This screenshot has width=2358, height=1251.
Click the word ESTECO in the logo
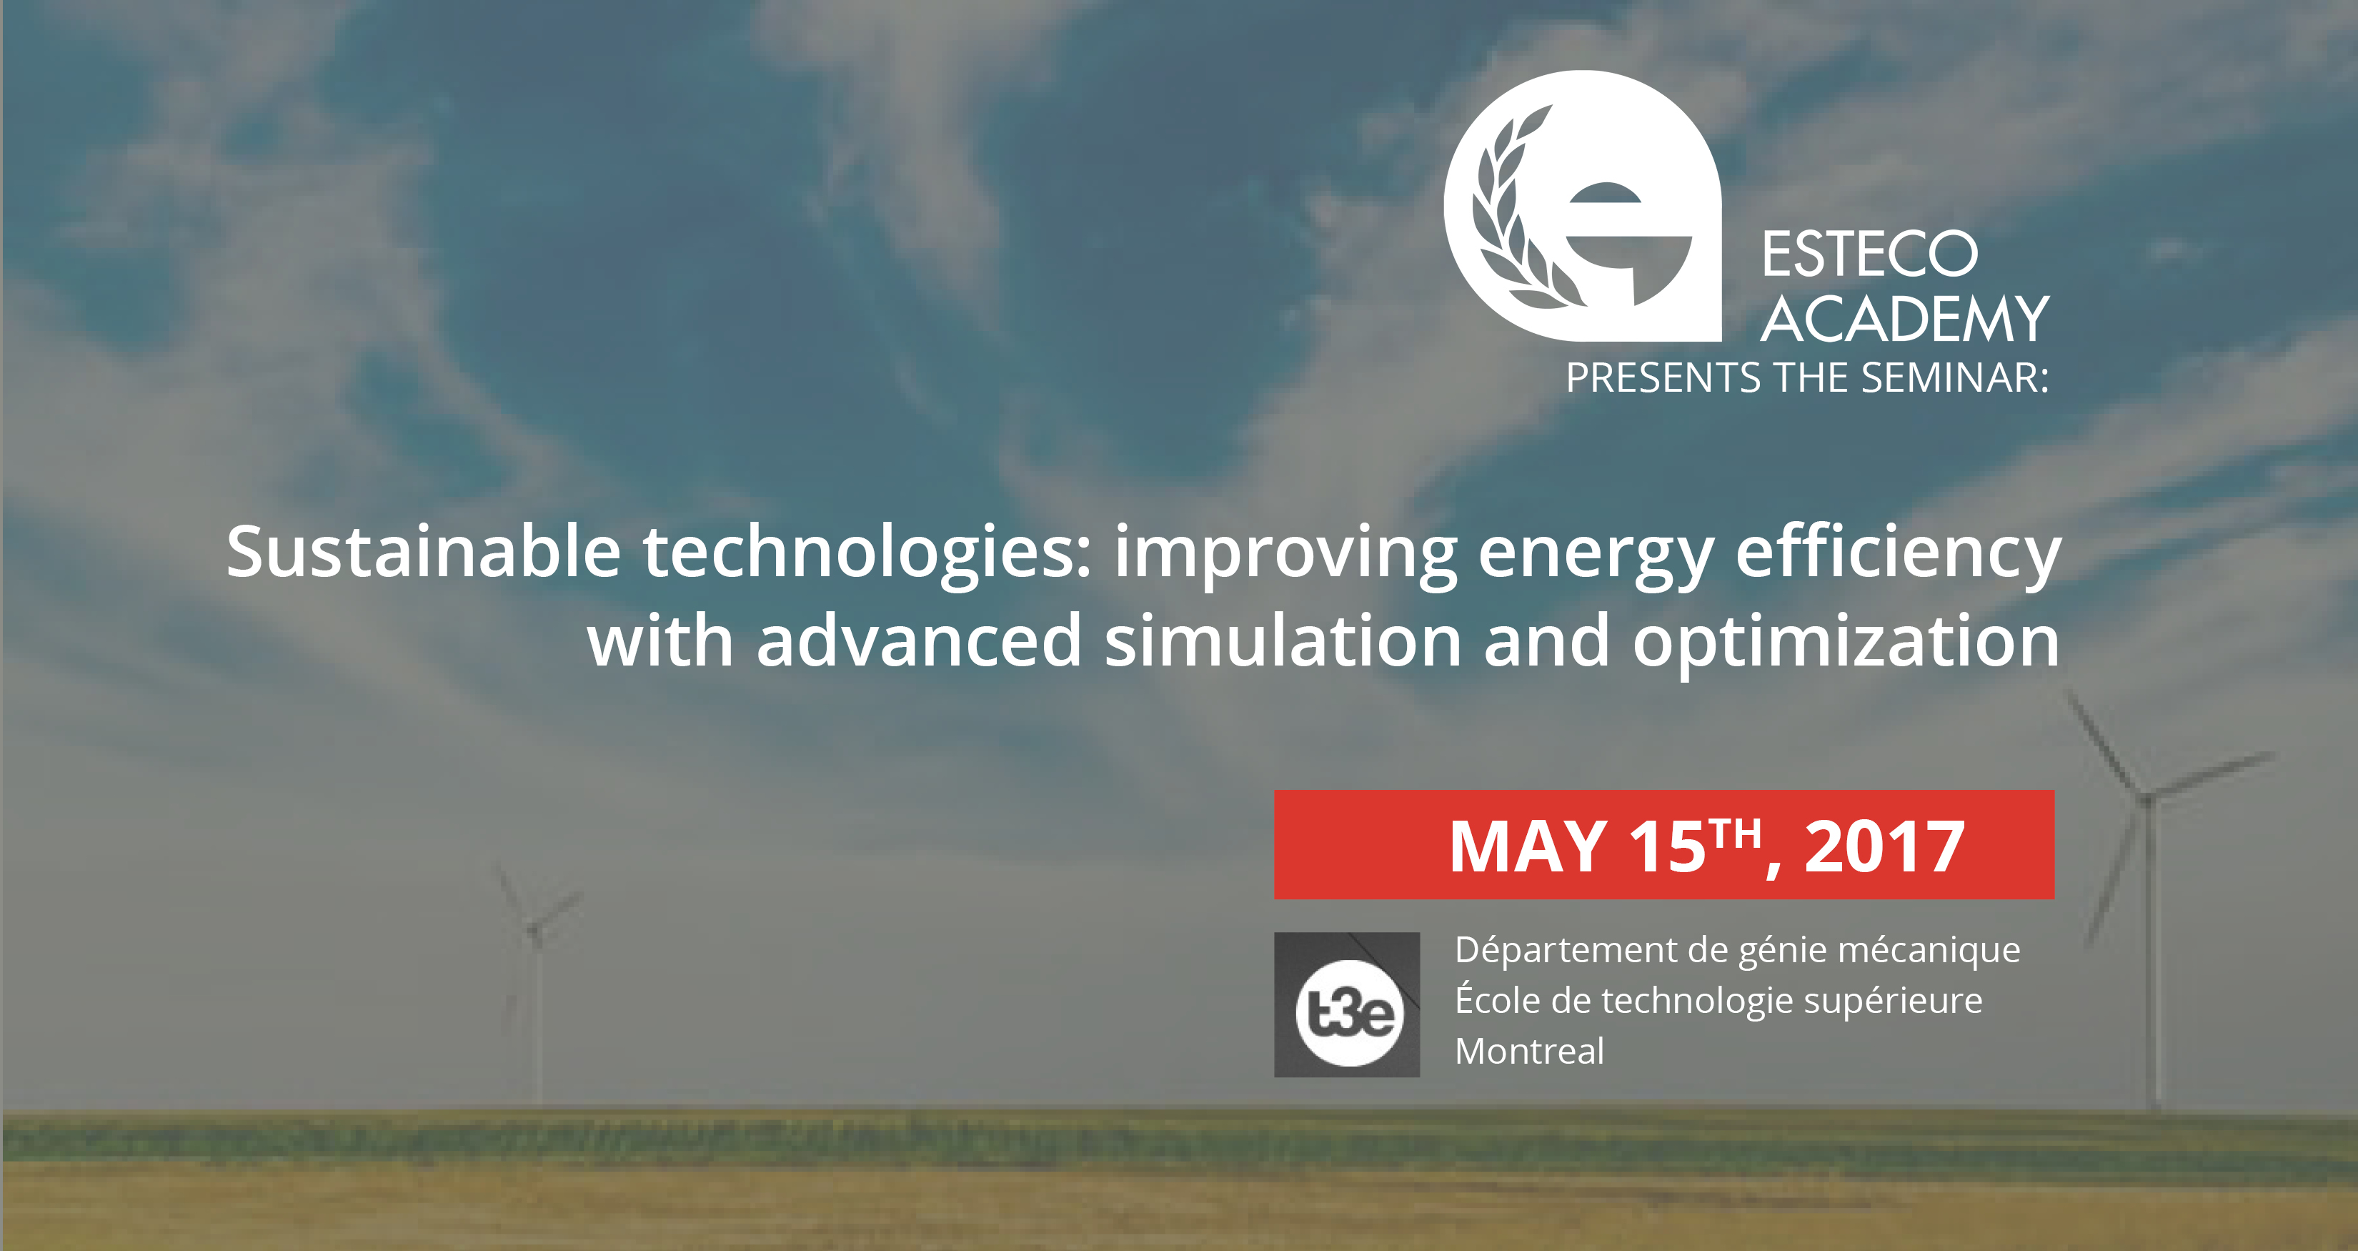coord(1869,254)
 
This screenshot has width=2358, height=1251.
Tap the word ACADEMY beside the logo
coord(1905,320)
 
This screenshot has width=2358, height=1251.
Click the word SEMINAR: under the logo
coord(1954,377)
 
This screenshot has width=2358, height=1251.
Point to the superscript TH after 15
coord(1736,834)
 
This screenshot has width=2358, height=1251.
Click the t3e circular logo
coord(1348,1013)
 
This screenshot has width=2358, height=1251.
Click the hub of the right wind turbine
coord(2146,798)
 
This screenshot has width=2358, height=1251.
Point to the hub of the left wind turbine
coord(534,931)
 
